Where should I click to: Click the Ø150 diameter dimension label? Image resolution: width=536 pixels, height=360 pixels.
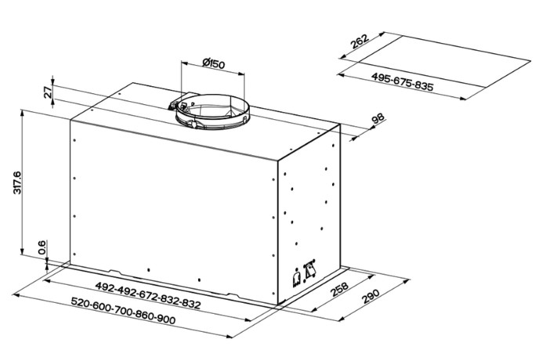(x=214, y=64)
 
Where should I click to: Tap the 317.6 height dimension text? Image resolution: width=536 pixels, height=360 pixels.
(x=17, y=183)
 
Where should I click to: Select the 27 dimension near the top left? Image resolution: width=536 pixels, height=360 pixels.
(x=49, y=93)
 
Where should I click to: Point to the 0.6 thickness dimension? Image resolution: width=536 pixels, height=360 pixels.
(x=42, y=247)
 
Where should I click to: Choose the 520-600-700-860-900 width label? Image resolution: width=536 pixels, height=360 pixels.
(x=123, y=311)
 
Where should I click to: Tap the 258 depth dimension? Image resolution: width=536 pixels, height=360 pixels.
(x=339, y=289)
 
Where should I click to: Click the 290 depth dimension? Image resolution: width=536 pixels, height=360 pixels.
(x=371, y=296)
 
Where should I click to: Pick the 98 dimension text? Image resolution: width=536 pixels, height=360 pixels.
(x=378, y=118)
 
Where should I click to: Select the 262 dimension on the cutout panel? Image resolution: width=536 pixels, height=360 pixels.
(x=360, y=42)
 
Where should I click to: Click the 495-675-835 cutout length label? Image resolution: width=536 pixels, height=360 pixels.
(x=402, y=82)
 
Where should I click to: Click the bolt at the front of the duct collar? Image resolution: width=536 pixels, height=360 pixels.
(x=194, y=124)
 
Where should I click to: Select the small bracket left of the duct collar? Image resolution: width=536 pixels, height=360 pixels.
(x=172, y=105)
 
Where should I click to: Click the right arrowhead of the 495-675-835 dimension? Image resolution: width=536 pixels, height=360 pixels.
(x=462, y=99)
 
